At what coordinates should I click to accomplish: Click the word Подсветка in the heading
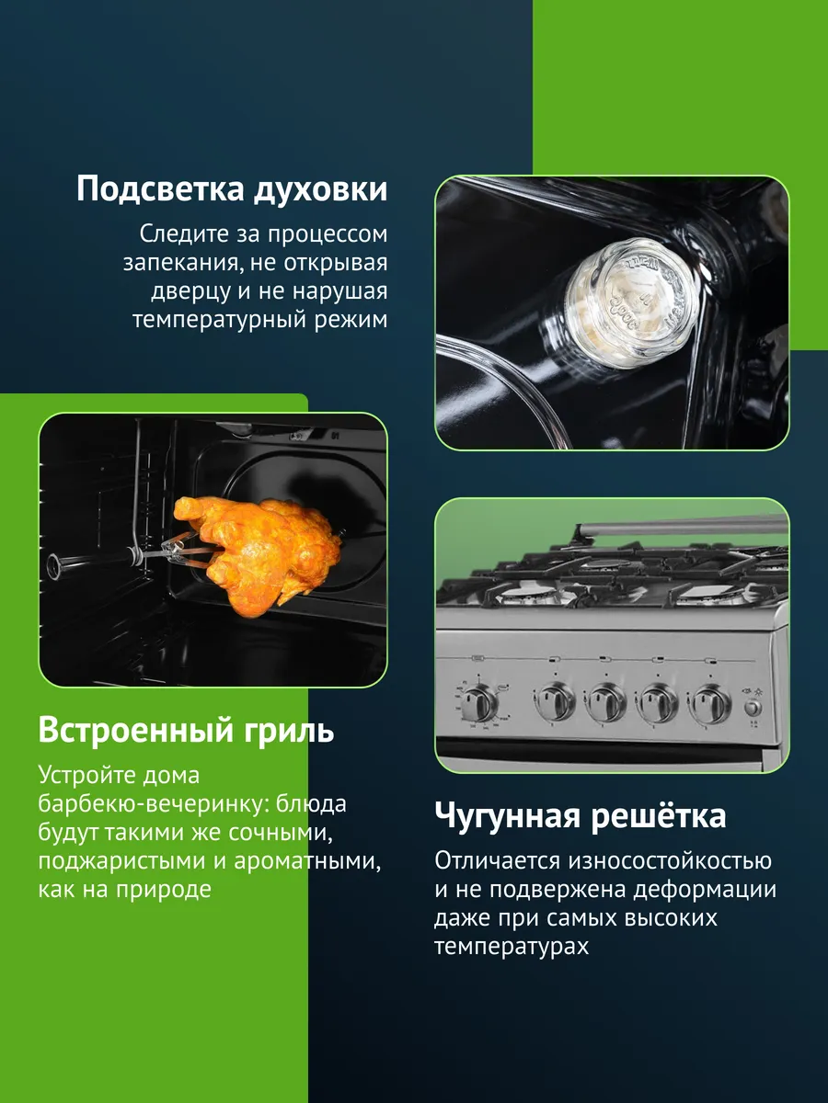(161, 190)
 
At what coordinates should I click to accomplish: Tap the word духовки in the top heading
(321, 190)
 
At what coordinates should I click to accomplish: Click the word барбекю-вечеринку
(153, 804)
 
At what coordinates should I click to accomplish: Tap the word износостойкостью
(670, 860)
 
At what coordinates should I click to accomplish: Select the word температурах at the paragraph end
(512, 948)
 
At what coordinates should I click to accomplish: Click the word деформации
(705, 890)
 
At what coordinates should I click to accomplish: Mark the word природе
(164, 891)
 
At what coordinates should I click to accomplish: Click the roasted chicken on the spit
(258, 551)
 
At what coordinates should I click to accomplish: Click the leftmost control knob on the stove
(479, 703)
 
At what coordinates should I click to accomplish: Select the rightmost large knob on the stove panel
(710, 703)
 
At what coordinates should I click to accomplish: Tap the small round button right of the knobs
(753, 708)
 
